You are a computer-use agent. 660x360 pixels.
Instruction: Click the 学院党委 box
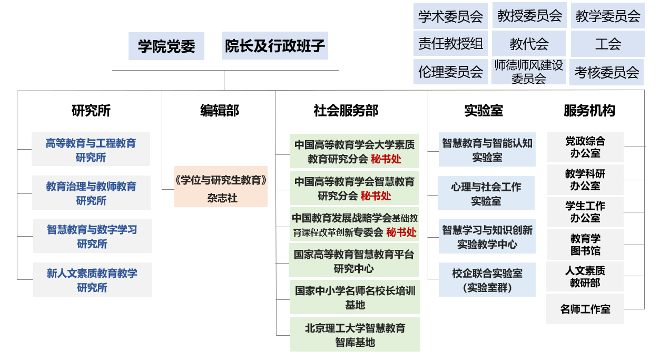click(x=166, y=46)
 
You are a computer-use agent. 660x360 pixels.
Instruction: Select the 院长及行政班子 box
click(x=274, y=46)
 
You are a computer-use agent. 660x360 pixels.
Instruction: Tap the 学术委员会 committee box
click(x=450, y=16)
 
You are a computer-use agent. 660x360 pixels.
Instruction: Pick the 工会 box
click(x=608, y=44)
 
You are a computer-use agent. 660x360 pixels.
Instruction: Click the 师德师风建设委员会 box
click(x=529, y=72)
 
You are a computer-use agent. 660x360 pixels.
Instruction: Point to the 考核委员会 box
click(x=606, y=72)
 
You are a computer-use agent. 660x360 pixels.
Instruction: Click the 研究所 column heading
click(x=91, y=111)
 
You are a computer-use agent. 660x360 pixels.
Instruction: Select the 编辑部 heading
click(x=220, y=111)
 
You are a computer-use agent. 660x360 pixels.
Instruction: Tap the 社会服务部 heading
click(x=346, y=111)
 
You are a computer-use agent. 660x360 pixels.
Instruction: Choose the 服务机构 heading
click(x=589, y=111)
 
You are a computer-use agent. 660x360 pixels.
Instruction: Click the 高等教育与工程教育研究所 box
click(x=91, y=150)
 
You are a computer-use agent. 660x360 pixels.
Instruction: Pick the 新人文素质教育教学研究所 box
click(x=92, y=280)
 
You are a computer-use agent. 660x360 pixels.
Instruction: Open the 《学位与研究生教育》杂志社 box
click(x=221, y=188)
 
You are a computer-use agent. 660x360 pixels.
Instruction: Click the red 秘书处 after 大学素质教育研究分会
click(x=386, y=158)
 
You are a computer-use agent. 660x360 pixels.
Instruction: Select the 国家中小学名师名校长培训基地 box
click(x=355, y=298)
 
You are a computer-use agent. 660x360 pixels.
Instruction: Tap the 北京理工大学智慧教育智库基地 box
click(x=355, y=335)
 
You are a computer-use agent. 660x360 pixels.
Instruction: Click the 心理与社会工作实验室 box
click(x=486, y=193)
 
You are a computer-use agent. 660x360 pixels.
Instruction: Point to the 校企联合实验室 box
click(x=487, y=280)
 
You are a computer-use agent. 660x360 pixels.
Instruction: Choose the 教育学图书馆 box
click(x=585, y=245)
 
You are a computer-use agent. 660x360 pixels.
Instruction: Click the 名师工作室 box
click(x=585, y=309)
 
